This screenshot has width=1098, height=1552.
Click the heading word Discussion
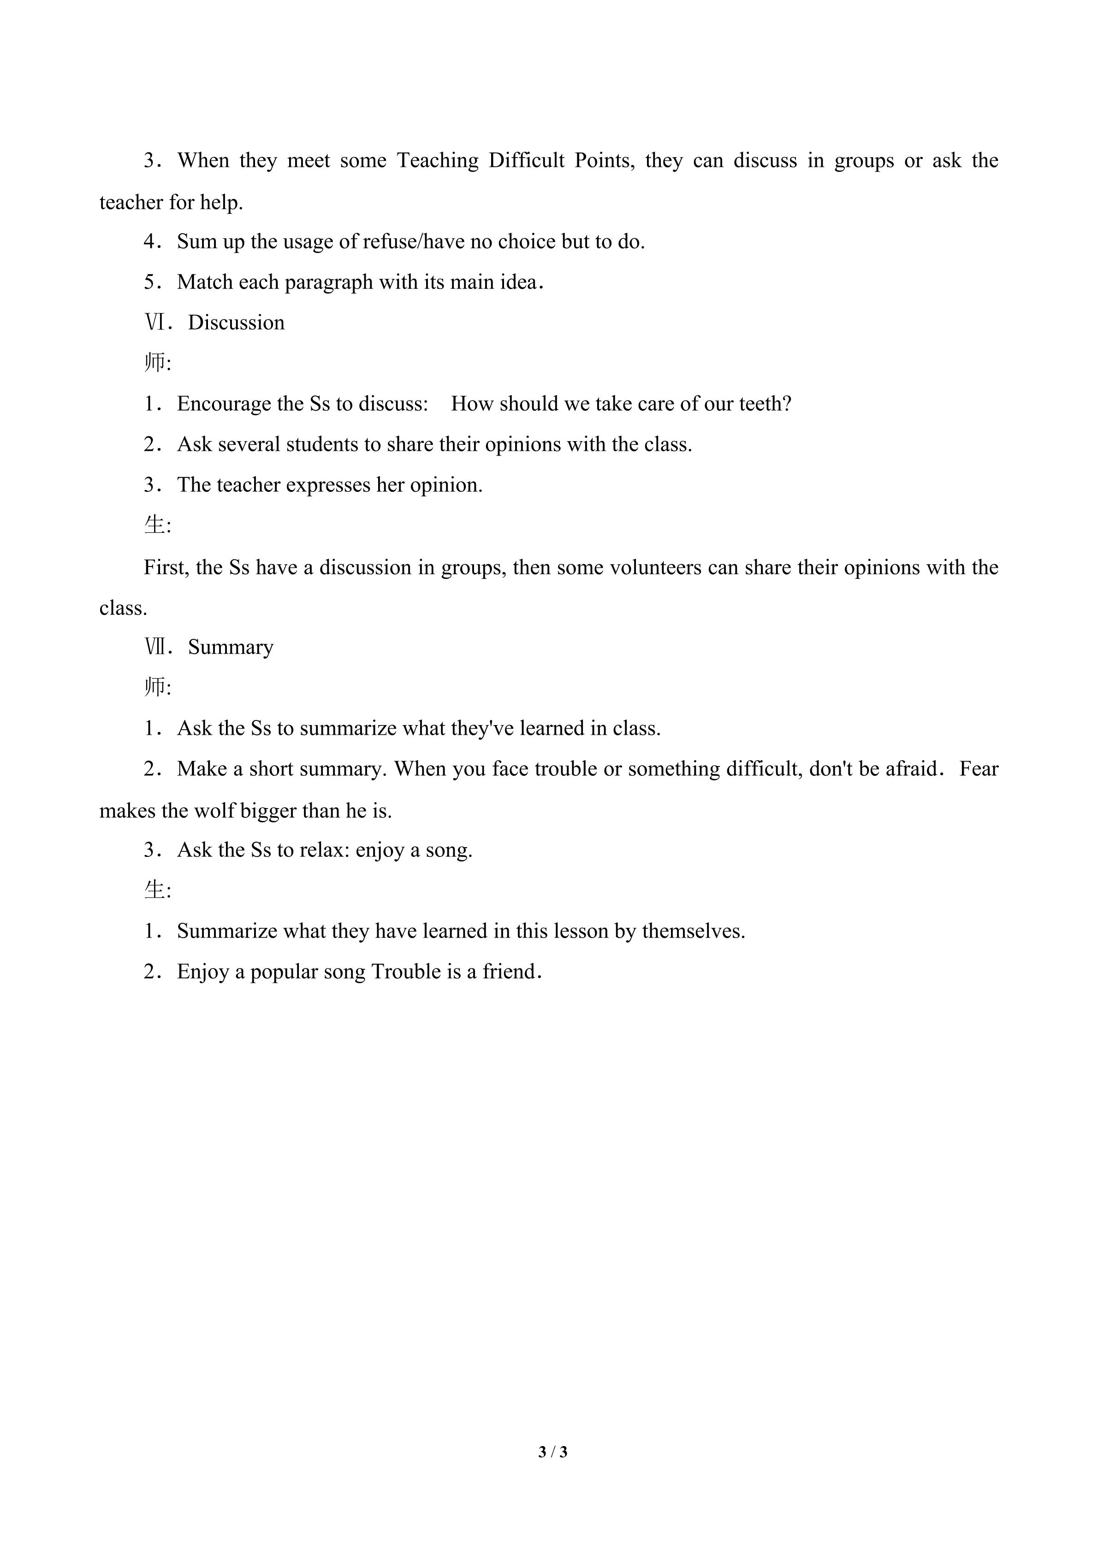(236, 323)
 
